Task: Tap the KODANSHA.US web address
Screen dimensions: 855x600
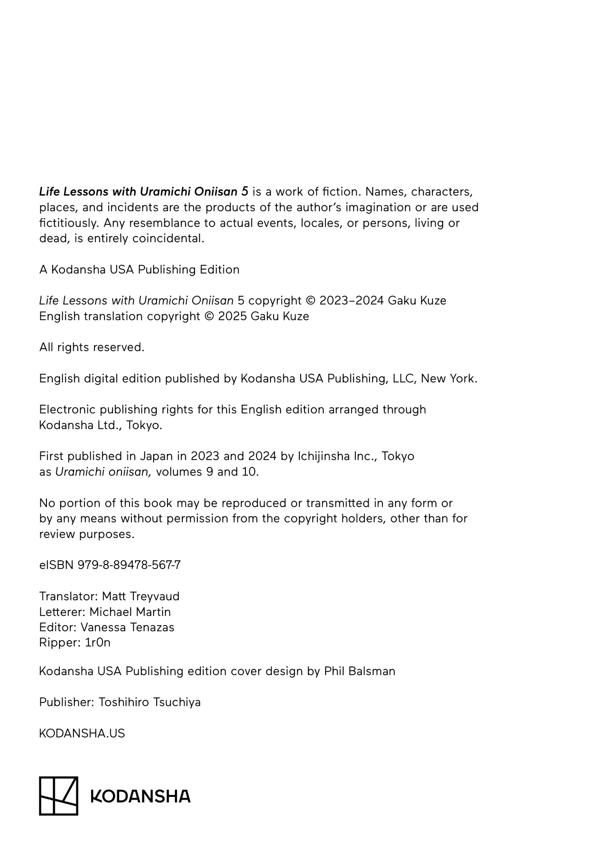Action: tap(82, 733)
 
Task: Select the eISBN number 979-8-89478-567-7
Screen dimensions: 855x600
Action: tap(129, 565)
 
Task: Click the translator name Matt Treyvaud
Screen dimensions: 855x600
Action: tap(141, 596)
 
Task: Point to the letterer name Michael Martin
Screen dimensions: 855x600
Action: tap(130, 612)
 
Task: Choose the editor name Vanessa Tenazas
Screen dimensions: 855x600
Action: tap(127, 627)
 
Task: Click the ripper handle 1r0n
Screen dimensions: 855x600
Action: tap(97, 643)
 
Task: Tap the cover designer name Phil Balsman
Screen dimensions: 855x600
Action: tap(360, 671)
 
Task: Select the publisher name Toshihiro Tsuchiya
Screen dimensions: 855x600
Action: tap(149, 702)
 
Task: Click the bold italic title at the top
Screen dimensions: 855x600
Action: tap(143, 191)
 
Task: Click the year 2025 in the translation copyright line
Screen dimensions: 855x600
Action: tap(232, 316)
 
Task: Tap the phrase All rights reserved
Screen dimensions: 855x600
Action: tap(92, 347)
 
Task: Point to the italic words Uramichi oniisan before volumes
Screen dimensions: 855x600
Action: tap(103, 472)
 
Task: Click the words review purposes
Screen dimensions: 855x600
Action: tap(87, 534)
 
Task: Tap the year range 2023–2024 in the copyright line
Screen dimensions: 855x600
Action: tap(351, 301)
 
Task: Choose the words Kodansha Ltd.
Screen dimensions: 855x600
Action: tap(80, 425)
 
